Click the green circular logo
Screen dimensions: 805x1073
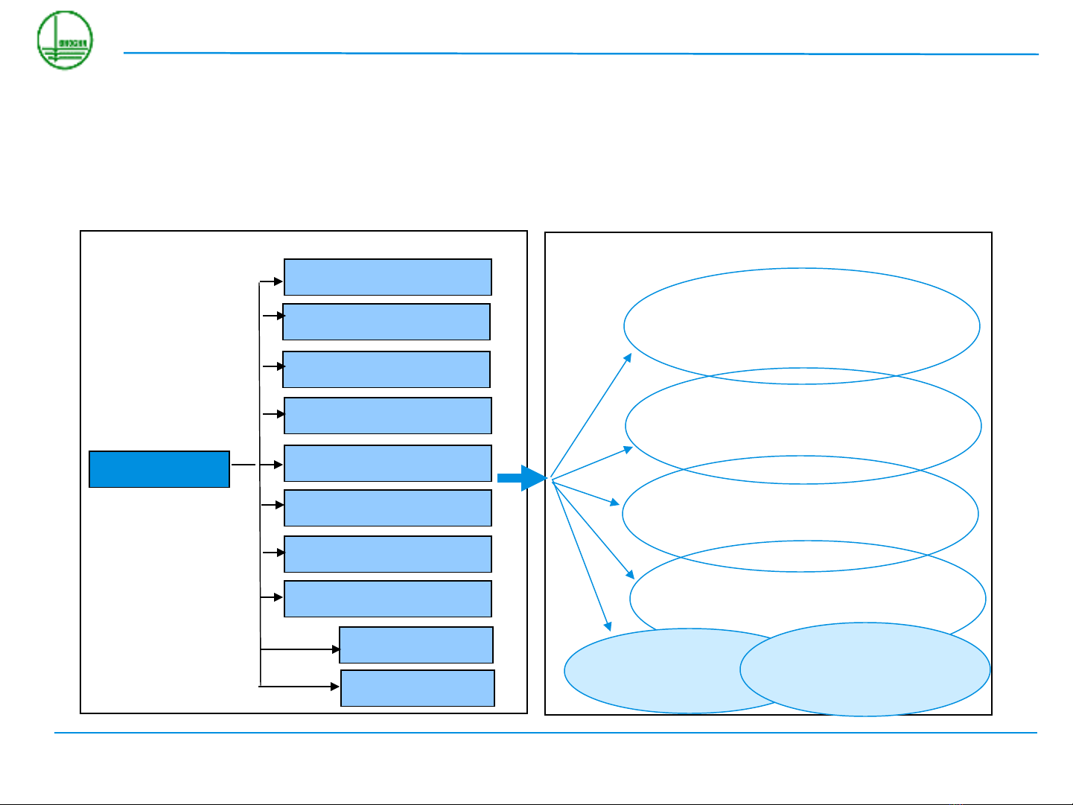[x=66, y=40]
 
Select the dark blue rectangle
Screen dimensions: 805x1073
[x=159, y=469]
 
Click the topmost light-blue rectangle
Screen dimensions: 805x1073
[x=387, y=277]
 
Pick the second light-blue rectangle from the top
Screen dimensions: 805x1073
[x=386, y=322]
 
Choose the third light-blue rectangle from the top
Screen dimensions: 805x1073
[x=386, y=369]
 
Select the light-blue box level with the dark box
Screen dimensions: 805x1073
[x=387, y=463]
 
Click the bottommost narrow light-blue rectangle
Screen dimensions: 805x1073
[x=418, y=688]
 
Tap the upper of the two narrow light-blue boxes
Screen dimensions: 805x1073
[x=416, y=645]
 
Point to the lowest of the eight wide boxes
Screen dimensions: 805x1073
[x=387, y=599]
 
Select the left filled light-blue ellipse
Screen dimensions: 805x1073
[x=655, y=670]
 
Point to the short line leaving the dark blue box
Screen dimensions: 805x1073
[x=243, y=465]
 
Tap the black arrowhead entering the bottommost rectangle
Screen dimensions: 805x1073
[x=336, y=687]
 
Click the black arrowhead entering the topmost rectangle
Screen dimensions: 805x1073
[x=278, y=281]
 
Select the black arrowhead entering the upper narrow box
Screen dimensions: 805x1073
[x=336, y=649]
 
